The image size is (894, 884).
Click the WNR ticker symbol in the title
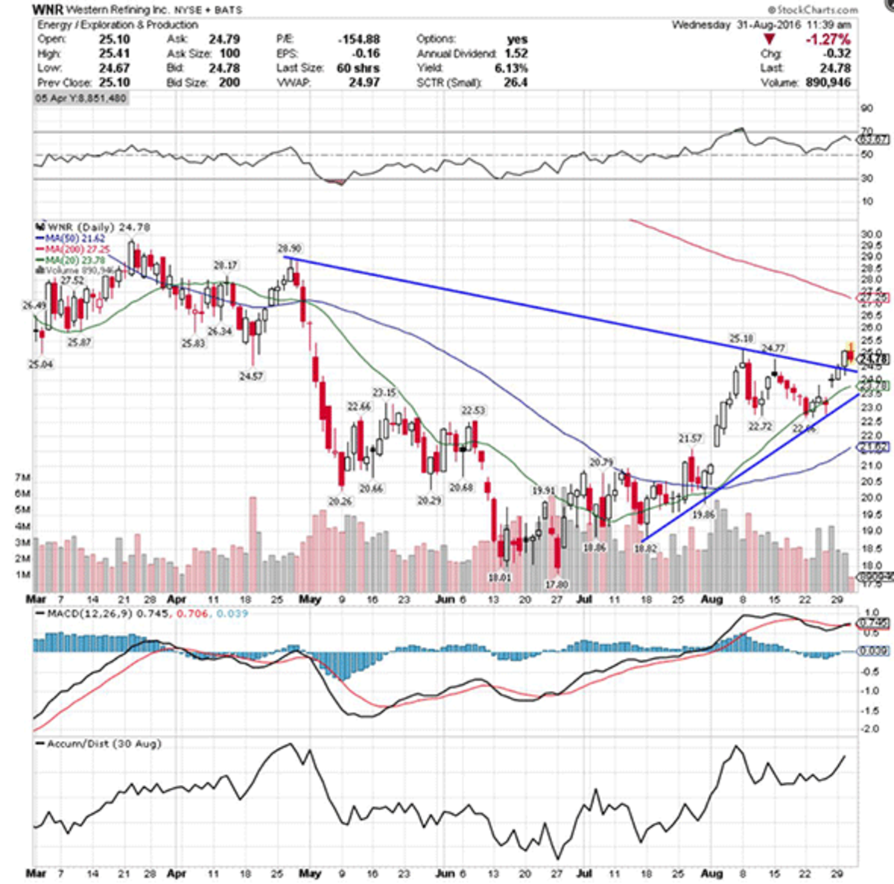pos(47,10)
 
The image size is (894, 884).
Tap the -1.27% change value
pos(828,39)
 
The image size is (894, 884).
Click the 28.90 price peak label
pos(290,248)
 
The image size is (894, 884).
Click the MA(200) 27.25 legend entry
pos(72,247)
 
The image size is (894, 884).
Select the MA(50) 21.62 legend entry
pos(70,238)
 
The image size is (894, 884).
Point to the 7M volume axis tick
pos(22,476)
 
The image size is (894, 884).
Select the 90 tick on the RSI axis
pos(866,109)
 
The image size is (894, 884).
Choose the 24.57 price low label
pos(250,376)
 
